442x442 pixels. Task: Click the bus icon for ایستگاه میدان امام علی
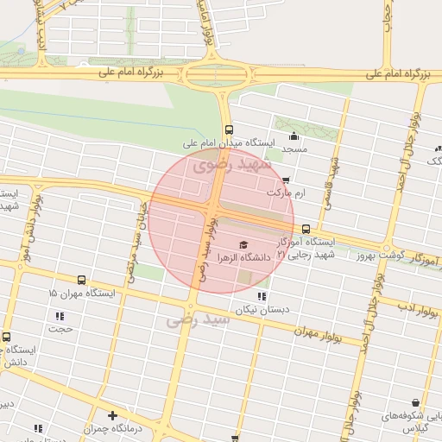click(228, 129)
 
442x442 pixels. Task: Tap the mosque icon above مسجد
click(294, 136)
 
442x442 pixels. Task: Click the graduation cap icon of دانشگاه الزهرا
click(243, 244)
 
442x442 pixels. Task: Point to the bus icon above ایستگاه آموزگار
click(306, 229)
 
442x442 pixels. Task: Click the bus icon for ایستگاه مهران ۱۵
click(81, 280)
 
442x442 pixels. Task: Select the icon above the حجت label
click(60, 316)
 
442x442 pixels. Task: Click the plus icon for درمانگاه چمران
click(112, 415)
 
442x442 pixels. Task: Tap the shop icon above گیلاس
click(416, 402)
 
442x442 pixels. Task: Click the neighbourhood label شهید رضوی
click(234, 162)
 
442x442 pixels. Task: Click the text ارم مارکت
click(287, 194)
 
